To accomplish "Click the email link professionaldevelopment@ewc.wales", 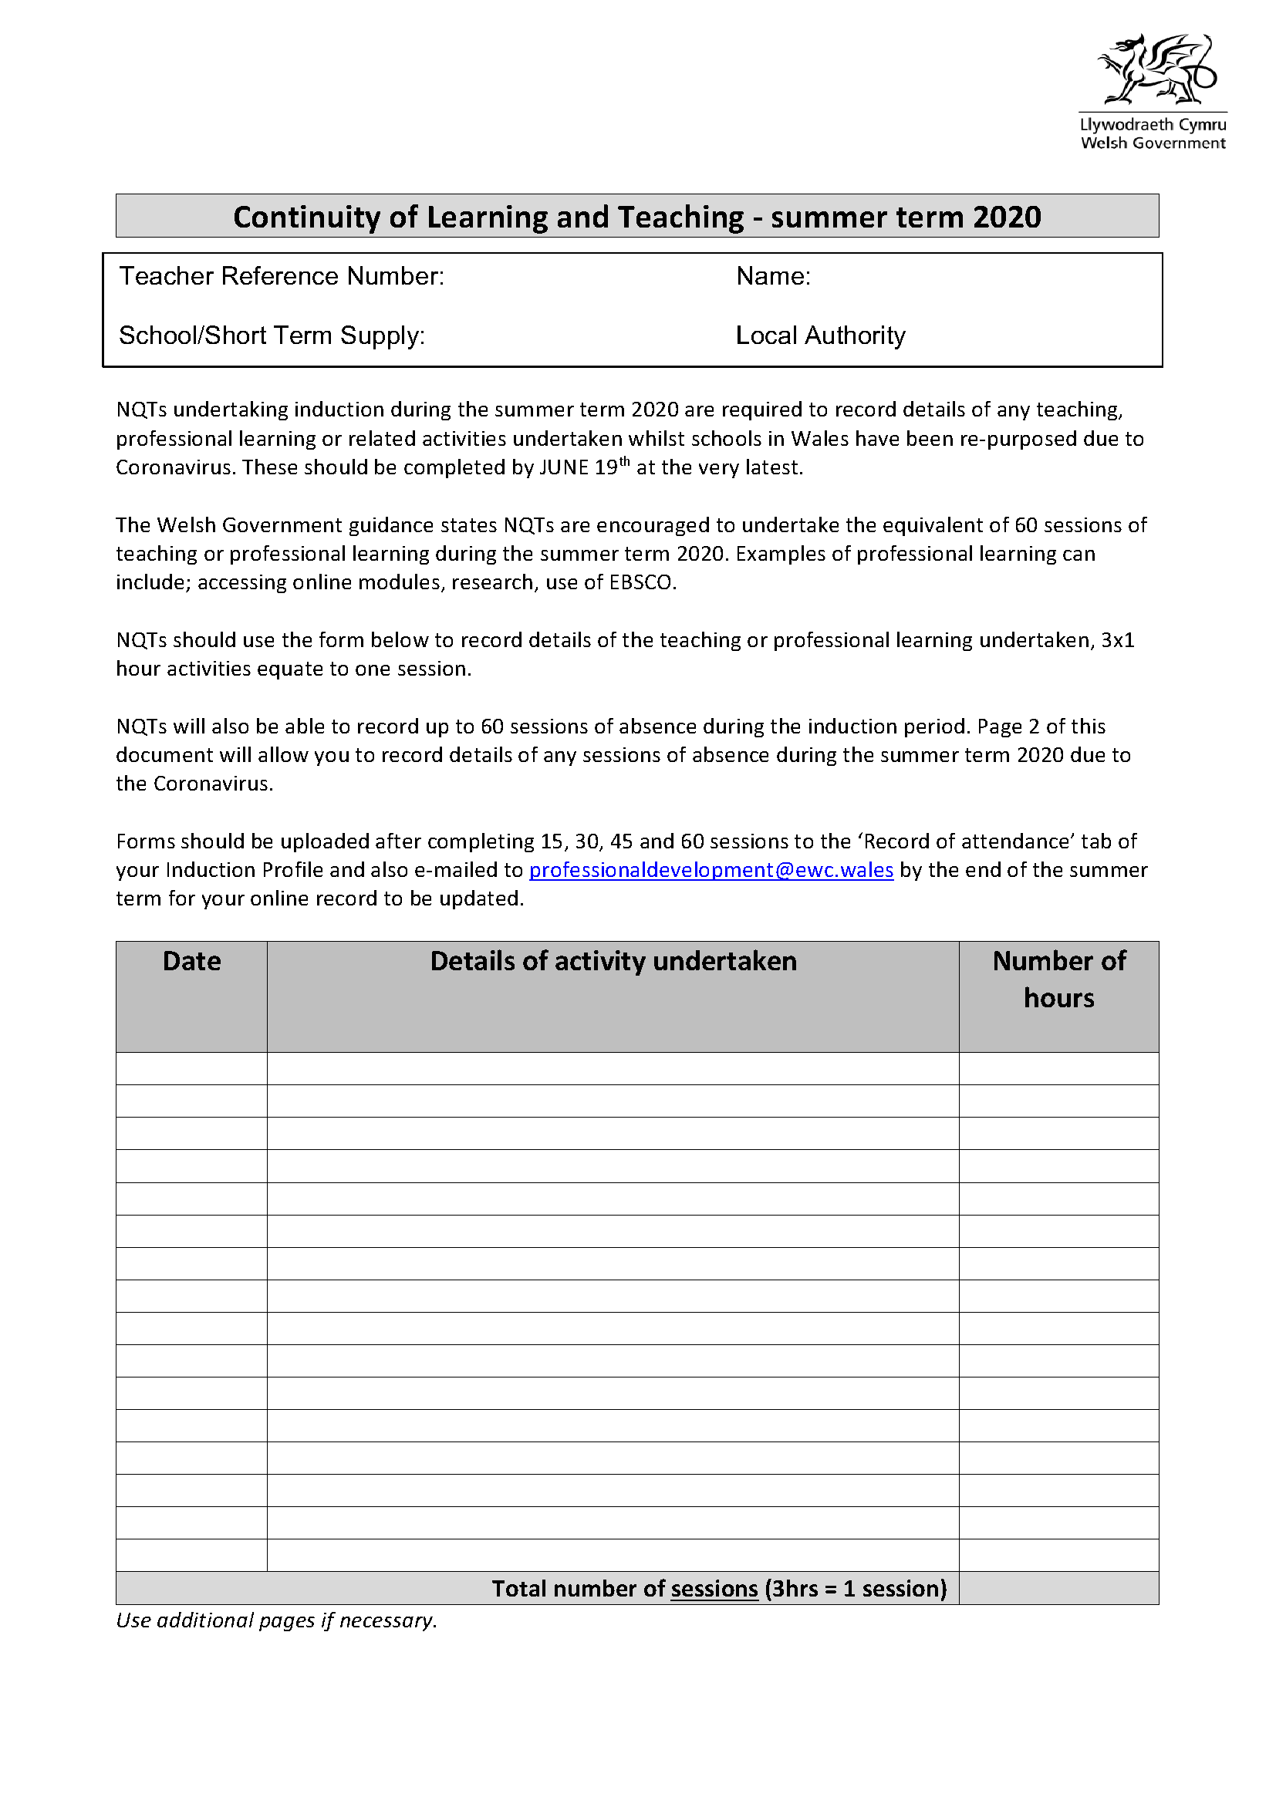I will (x=711, y=870).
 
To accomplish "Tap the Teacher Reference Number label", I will (x=282, y=276).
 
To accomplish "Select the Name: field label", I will (x=773, y=276).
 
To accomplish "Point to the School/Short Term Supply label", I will (x=272, y=336).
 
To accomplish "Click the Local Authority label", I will (x=820, y=336).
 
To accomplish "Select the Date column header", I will (x=192, y=961).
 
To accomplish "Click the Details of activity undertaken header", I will (x=613, y=961).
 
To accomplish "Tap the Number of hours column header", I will (x=1058, y=979).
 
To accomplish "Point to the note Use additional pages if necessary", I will (x=277, y=1620).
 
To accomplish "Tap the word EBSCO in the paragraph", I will (x=642, y=582).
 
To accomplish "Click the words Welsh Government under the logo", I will (x=1153, y=143).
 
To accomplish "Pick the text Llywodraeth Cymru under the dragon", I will (x=1153, y=124).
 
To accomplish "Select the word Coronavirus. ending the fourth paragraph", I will (x=213, y=784).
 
